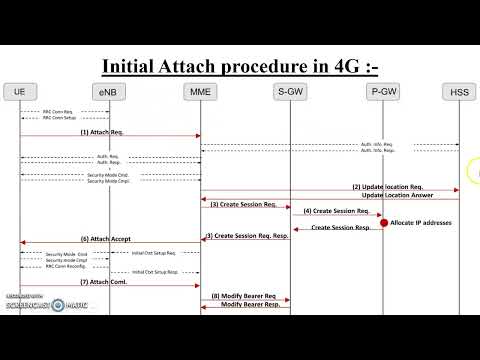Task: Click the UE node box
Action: click(x=20, y=92)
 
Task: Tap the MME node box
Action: click(x=200, y=92)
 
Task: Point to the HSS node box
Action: click(x=459, y=93)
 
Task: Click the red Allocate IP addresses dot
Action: click(x=383, y=221)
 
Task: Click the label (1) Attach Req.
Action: click(x=102, y=131)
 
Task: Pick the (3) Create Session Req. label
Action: click(x=243, y=204)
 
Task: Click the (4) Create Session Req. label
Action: click(x=334, y=211)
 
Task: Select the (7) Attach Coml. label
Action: click(x=102, y=283)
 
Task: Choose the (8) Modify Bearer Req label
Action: click(x=242, y=297)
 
